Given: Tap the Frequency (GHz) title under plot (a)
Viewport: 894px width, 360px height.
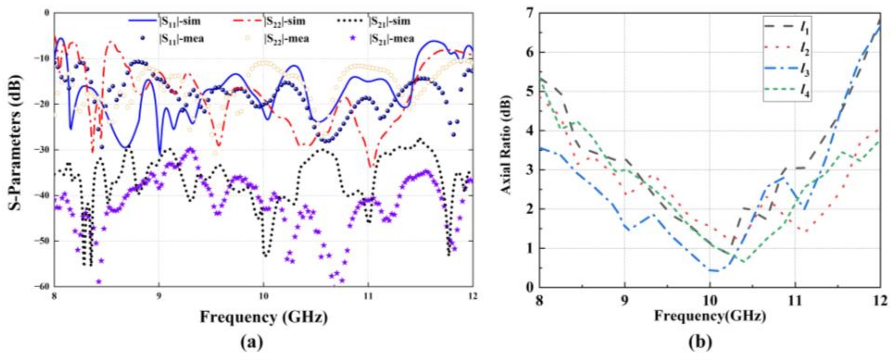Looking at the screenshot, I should (x=264, y=317).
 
